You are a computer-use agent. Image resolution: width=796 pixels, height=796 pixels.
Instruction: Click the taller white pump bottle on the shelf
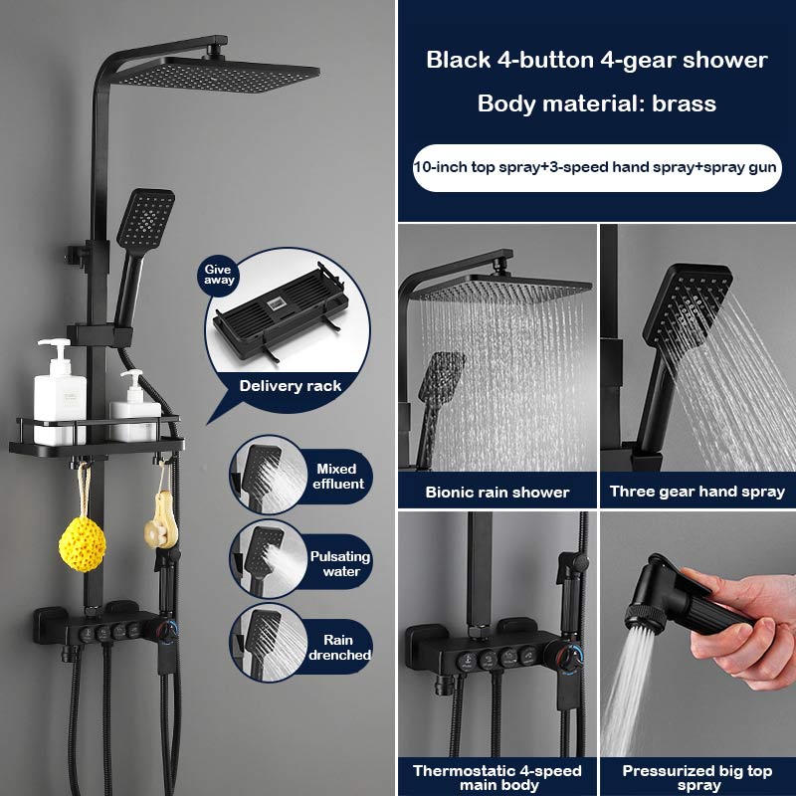click(x=59, y=391)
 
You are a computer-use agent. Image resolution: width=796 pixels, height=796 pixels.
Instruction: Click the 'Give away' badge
click(x=220, y=274)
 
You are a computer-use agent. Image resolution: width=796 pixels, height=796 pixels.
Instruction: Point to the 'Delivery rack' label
click(x=290, y=385)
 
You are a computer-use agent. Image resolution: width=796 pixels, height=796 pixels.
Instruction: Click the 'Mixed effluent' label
click(x=339, y=476)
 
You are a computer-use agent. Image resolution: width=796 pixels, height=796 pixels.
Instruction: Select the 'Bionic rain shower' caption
click(x=497, y=492)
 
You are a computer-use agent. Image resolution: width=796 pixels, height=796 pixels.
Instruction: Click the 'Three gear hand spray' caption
click(x=697, y=492)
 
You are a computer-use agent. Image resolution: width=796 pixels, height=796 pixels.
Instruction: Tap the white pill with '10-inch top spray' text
click(x=596, y=166)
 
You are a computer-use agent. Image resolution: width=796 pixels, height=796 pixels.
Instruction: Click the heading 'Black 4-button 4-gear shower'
click(x=597, y=60)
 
